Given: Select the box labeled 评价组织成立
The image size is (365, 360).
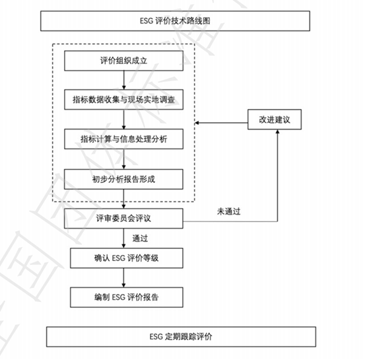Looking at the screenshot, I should coord(123,62).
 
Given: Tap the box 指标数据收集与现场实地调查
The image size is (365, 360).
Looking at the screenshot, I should coord(123,100).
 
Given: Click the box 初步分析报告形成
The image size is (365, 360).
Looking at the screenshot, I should coord(123,178).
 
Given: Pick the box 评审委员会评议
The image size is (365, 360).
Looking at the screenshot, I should coord(123,217).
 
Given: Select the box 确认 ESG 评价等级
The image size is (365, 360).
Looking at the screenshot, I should coord(123,258).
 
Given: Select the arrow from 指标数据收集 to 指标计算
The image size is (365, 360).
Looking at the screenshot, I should coord(123,120).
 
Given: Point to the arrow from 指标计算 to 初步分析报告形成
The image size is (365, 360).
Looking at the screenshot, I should coord(123,159).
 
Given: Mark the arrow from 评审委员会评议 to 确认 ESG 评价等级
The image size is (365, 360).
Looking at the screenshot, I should coord(123,237).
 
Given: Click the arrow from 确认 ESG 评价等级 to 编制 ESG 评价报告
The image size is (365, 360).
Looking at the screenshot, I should coord(123,277).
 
